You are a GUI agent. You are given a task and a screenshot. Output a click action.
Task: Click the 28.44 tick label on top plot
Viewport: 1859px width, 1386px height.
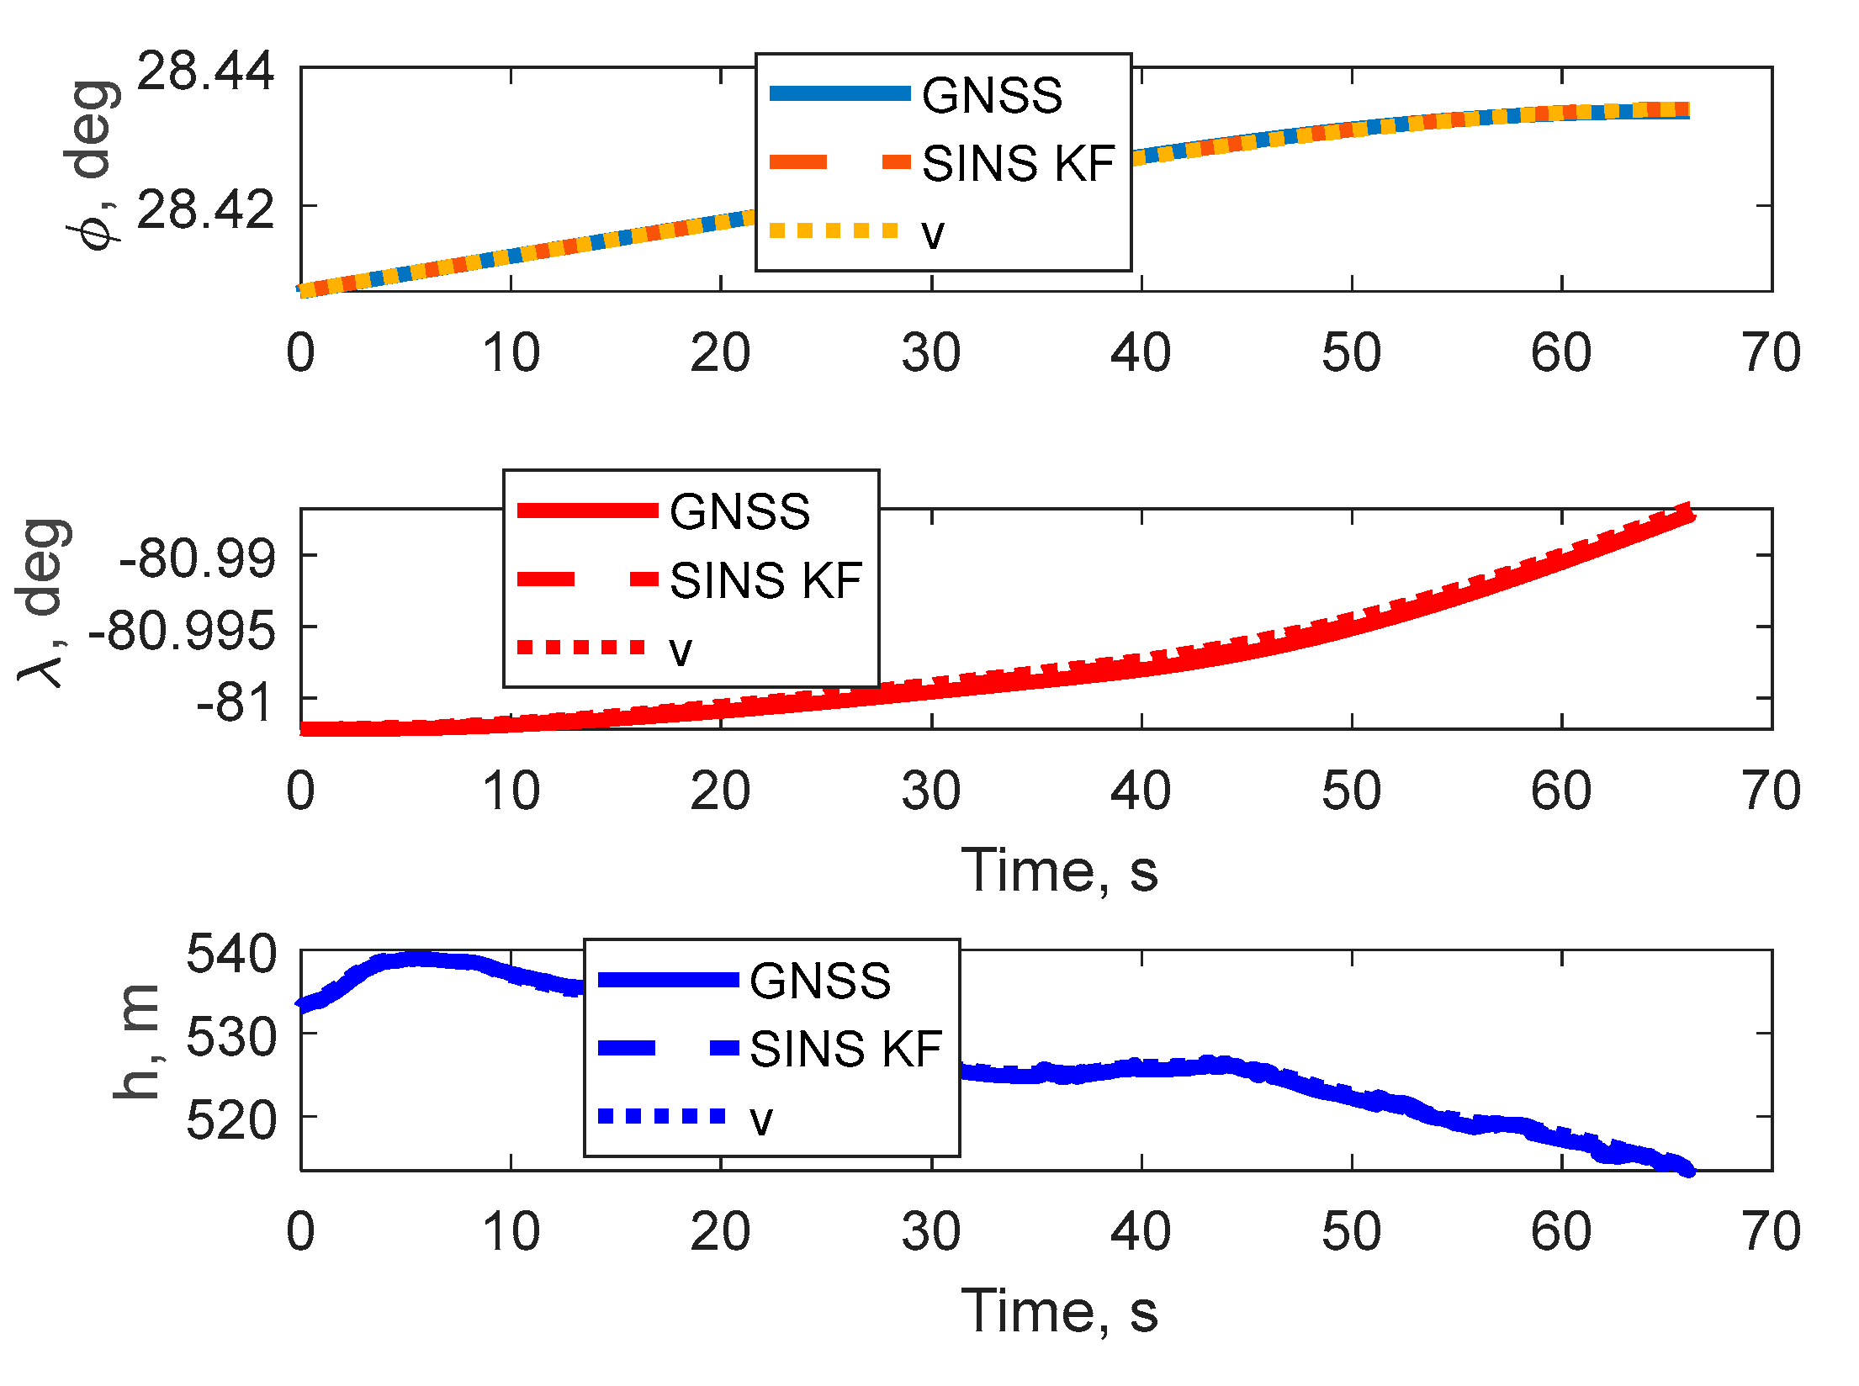[x=205, y=71]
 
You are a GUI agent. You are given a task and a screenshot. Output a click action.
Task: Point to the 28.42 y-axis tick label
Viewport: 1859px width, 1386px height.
[x=205, y=210]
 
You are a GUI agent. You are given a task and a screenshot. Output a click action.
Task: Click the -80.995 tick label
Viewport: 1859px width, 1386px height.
[x=182, y=631]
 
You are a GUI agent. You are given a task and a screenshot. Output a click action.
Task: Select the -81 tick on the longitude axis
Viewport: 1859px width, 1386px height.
[x=236, y=703]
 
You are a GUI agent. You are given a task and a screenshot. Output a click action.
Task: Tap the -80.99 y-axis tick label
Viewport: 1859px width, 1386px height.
[x=198, y=558]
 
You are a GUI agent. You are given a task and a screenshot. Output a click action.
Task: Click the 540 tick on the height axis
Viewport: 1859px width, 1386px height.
[x=230, y=955]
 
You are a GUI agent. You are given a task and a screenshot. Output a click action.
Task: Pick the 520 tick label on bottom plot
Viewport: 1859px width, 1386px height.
[x=230, y=1120]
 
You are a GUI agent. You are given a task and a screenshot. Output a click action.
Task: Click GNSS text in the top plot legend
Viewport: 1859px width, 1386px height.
[x=992, y=95]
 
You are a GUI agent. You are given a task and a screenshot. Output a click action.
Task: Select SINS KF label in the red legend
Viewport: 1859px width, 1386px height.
[x=765, y=580]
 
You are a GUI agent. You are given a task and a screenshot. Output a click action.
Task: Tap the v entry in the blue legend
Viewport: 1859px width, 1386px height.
[x=760, y=1119]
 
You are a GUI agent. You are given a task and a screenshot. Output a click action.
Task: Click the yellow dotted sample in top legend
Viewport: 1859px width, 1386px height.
[x=834, y=230]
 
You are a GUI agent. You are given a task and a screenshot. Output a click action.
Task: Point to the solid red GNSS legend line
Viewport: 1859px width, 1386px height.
[x=587, y=510]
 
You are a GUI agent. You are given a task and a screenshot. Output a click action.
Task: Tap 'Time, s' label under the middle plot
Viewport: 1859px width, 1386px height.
[x=1059, y=870]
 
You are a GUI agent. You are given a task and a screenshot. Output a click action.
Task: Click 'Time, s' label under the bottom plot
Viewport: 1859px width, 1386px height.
[x=1059, y=1311]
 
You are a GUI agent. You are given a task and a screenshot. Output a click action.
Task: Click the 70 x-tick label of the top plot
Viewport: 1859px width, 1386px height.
[x=1771, y=352]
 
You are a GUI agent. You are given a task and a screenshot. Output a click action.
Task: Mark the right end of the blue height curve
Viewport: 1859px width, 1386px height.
[x=1687, y=1170]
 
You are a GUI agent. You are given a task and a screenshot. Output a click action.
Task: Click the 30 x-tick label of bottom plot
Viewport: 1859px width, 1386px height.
[x=930, y=1232]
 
